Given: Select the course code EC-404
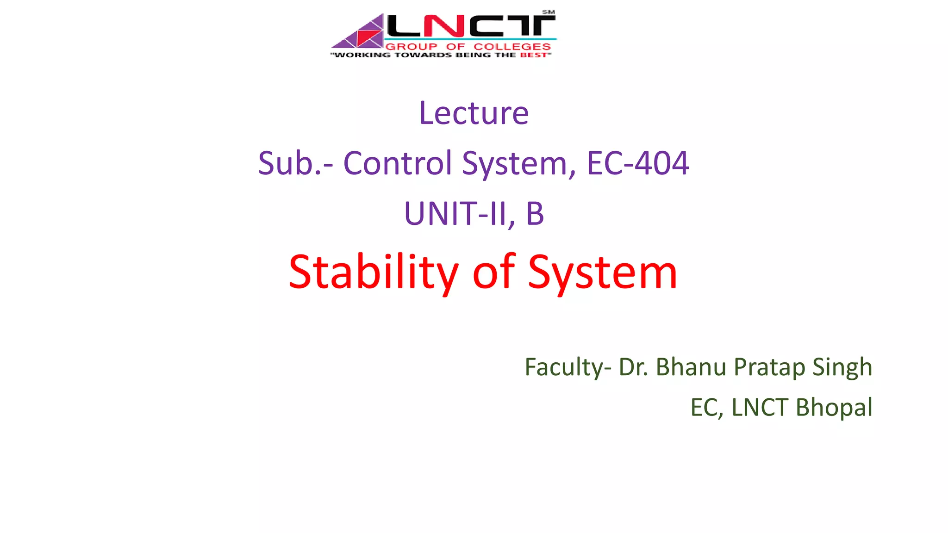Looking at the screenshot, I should (637, 163).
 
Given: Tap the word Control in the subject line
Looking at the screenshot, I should (397, 163).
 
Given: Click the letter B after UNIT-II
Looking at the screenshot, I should (535, 214).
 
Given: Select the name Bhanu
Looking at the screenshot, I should (691, 367).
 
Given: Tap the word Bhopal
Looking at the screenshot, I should (834, 408).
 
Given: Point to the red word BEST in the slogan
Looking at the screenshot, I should (533, 55).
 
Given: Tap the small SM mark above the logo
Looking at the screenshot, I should (549, 12).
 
